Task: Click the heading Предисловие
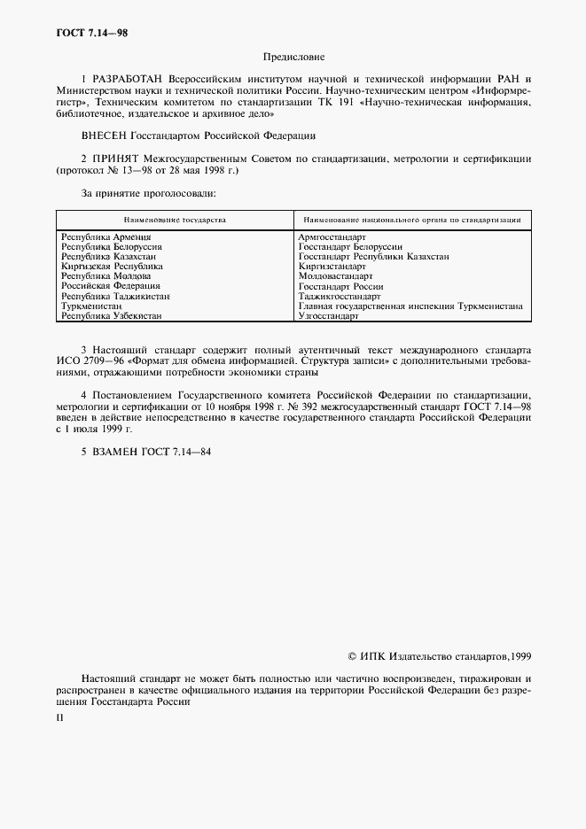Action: [x=293, y=57]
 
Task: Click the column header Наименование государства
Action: [x=175, y=219]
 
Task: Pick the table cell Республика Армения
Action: [x=105, y=237]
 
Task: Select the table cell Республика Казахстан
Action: [x=109, y=256]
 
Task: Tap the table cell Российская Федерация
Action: [x=110, y=286]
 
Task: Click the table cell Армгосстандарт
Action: [x=332, y=237]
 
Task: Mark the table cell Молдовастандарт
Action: [x=336, y=276]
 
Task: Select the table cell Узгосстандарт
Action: [x=328, y=315]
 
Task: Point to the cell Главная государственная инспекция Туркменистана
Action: [x=410, y=306]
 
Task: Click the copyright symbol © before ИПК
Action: [x=353, y=657]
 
